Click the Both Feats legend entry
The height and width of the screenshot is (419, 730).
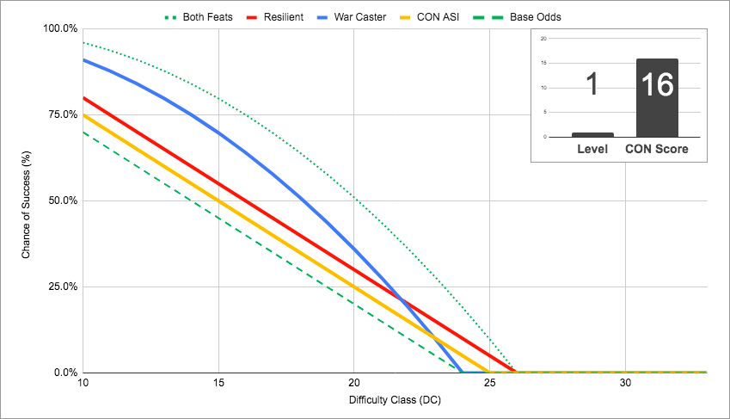[x=199, y=17]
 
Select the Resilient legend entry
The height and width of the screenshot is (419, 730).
[x=274, y=17]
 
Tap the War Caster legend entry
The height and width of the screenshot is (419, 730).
[x=352, y=17]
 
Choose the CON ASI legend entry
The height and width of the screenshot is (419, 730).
[x=429, y=17]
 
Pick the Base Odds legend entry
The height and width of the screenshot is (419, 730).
[x=517, y=17]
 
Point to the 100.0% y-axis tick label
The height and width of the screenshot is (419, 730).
[x=60, y=28]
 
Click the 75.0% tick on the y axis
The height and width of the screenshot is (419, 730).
[x=63, y=114]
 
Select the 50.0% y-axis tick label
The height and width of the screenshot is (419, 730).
[x=63, y=200]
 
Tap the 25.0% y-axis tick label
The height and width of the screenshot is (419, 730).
[x=63, y=287]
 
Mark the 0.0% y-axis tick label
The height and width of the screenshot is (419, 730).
[x=65, y=373]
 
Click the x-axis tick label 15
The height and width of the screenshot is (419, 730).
[x=218, y=383]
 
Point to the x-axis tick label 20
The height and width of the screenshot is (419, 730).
[x=354, y=383]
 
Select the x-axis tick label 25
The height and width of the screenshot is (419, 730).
[x=490, y=383]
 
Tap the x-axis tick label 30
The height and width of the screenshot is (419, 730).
[x=625, y=383]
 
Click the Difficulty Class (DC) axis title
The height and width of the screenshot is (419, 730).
[x=395, y=400]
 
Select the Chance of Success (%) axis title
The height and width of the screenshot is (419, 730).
[x=26, y=205]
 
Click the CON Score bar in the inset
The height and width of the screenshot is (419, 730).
[x=657, y=98]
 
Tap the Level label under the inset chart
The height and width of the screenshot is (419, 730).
[x=592, y=149]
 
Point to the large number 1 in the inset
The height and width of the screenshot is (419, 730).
[x=592, y=84]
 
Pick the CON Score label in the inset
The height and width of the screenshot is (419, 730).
[x=656, y=149]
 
